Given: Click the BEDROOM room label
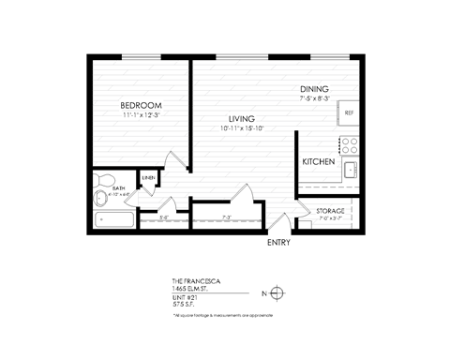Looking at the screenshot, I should click(x=142, y=105).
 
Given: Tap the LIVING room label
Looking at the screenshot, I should click(x=242, y=119).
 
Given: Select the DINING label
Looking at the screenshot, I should click(x=314, y=89).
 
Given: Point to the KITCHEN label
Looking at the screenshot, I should click(x=319, y=162).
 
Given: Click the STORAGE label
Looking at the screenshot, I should click(x=329, y=211).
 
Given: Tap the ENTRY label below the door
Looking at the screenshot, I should click(x=278, y=243).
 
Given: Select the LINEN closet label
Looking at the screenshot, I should click(x=148, y=178).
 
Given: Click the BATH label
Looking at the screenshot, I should click(x=118, y=188).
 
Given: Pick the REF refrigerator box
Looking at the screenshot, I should click(x=349, y=113).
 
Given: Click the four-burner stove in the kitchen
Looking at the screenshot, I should click(x=350, y=145).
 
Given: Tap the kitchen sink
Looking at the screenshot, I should click(x=350, y=170).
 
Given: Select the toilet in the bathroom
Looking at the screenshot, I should click(x=104, y=178).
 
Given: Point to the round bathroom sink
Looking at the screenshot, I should click(x=101, y=197).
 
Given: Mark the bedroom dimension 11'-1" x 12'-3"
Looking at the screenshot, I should click(x=142, y=115).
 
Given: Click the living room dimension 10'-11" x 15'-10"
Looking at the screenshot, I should click(x=242, y=128).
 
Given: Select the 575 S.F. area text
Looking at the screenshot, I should click(x=185, y=303).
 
